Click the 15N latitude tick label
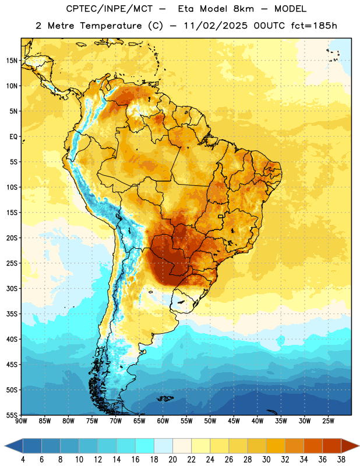(x=12, y=61)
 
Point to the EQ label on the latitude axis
(x=13, y=137)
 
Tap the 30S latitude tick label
(x=12, y=288)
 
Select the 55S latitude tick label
(x=12, y=415)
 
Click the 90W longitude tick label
(x=21, y=421)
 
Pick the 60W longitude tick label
(x=163, y=421)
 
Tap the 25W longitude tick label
(x=328, y=421)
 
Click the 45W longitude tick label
(x=234, y=421)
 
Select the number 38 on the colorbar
(x=341, y=460)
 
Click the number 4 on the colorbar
(x=23, y=460)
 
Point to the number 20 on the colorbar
(x=172, y=460)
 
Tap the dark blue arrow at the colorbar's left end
(x=13, y=446)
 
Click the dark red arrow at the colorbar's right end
(x=350, y=446)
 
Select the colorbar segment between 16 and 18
(x=145, y=446)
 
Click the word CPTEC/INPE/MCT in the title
(x=109, y=9)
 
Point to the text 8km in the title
(x=243, y=9)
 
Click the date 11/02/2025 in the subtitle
(x=216, y=26)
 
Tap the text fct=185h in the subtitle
(x=314, y=26)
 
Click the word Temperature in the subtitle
(x=111, y=26)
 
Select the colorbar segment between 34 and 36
(x=313, y=446)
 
